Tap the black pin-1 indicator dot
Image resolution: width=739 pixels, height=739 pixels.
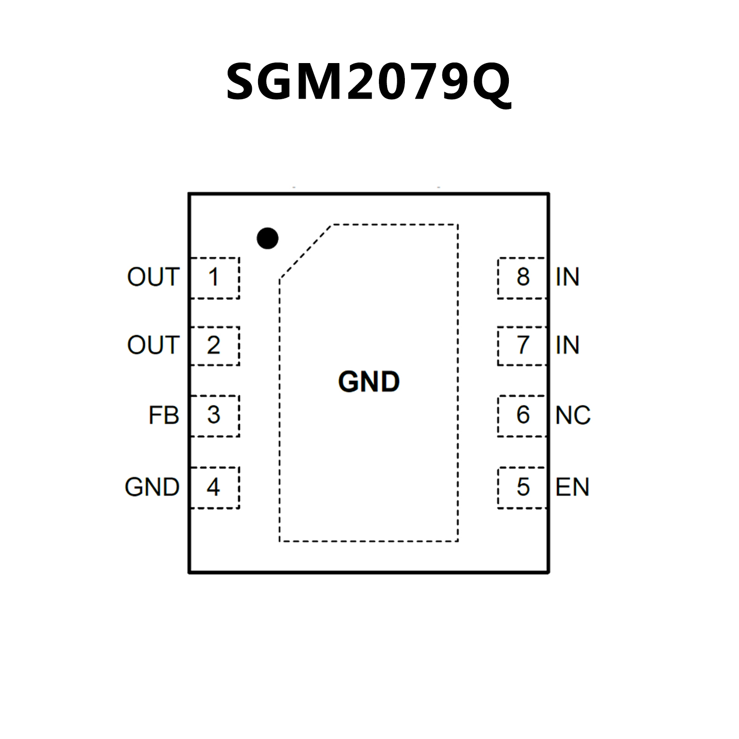click(x=268, y=238)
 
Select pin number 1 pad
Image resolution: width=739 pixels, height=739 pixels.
click(x=214, y=278)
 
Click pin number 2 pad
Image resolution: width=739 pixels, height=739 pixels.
click(x=214, y=346)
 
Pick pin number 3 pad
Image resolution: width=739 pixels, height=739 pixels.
click(x=214, y=415)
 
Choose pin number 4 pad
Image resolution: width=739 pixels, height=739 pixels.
click(x=214, y=487)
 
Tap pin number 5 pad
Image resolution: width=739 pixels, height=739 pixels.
click(x=522, y=487)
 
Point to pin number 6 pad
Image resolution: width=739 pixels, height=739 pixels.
click(x=522, y=415)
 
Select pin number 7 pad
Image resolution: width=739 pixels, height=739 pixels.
click(x=522, y=346)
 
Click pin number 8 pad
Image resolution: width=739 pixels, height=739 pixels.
click(x=522, y=278)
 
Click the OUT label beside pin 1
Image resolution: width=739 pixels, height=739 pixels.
click(x=153, y=277)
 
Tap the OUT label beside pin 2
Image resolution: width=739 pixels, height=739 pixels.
click(x=153, y=345)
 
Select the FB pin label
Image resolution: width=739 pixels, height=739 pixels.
click(x=164, y=415)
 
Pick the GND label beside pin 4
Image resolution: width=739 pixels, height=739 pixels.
click(x=152, y=487)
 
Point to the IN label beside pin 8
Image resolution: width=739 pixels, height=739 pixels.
click(x=567, y=277)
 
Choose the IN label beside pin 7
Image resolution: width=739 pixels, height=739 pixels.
click(x=567, y=345)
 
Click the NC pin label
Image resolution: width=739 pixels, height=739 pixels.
click(x=573, y=415)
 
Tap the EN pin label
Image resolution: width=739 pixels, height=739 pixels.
click(x=572, y=487)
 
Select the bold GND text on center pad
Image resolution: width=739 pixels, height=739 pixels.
click(x=369, y=382)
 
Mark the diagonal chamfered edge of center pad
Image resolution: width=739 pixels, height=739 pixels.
click(x=306, y=251)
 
